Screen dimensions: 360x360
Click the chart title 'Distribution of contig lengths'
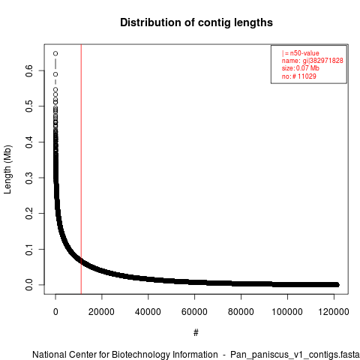tap(196, 22)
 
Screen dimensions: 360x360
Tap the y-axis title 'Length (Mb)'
tap(8, 169)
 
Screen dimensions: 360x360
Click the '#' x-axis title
tap(196, 332)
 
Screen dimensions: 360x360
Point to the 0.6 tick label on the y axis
tap(29, 70)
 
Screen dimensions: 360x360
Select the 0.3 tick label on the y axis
tap(29, 178)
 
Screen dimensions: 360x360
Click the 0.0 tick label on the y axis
tap(29, 285)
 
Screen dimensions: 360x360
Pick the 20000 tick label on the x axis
tap(101, 312)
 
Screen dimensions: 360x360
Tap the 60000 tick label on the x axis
tap(194, 312)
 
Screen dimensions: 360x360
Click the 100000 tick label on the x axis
tap(287, 312)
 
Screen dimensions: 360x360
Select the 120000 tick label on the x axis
tap(334, 312)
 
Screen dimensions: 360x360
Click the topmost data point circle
tap(55, 53)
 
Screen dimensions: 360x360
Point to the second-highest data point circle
tap(55, 74)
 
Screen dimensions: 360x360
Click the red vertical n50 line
tap(81, 169)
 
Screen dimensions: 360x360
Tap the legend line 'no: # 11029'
tap(299, 76)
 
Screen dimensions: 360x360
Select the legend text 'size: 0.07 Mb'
tap(301, 68)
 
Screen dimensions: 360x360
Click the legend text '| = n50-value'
tap(301, 53)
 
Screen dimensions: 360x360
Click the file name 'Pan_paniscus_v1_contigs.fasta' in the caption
tap(295, 355)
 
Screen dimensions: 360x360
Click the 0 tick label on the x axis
tap(55, 312)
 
